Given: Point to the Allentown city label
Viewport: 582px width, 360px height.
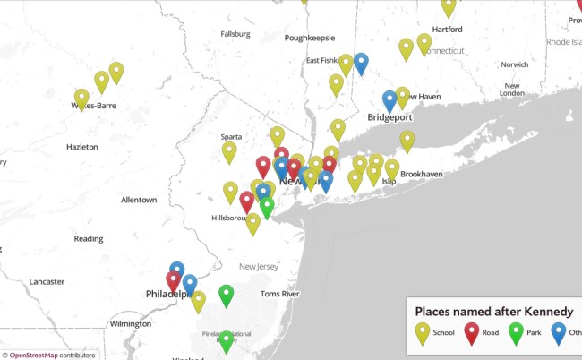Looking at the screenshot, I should pyautogui.click(x=139, y=199).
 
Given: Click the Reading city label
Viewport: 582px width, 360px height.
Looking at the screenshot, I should pyautogui.click(x=89, y=238).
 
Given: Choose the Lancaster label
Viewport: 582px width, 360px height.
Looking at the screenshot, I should pyautogui.click(x=47, y=281).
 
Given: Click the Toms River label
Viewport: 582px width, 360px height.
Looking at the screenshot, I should pyautogui.click(x=278, y=294).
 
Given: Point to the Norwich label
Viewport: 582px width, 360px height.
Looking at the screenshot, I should pyautogui.click(x=515, y=64).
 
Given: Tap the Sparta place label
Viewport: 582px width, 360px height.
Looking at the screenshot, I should pyautogui.click(x=231, y=137).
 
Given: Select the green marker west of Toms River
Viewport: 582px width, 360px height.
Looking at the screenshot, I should pyautogui.click(x=227, y=295).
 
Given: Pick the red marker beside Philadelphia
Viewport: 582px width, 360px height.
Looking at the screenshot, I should pyautogui.click(x=174, y=281).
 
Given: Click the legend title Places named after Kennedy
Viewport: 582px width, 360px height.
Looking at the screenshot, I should pyautogui.click(x=493, y=310).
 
